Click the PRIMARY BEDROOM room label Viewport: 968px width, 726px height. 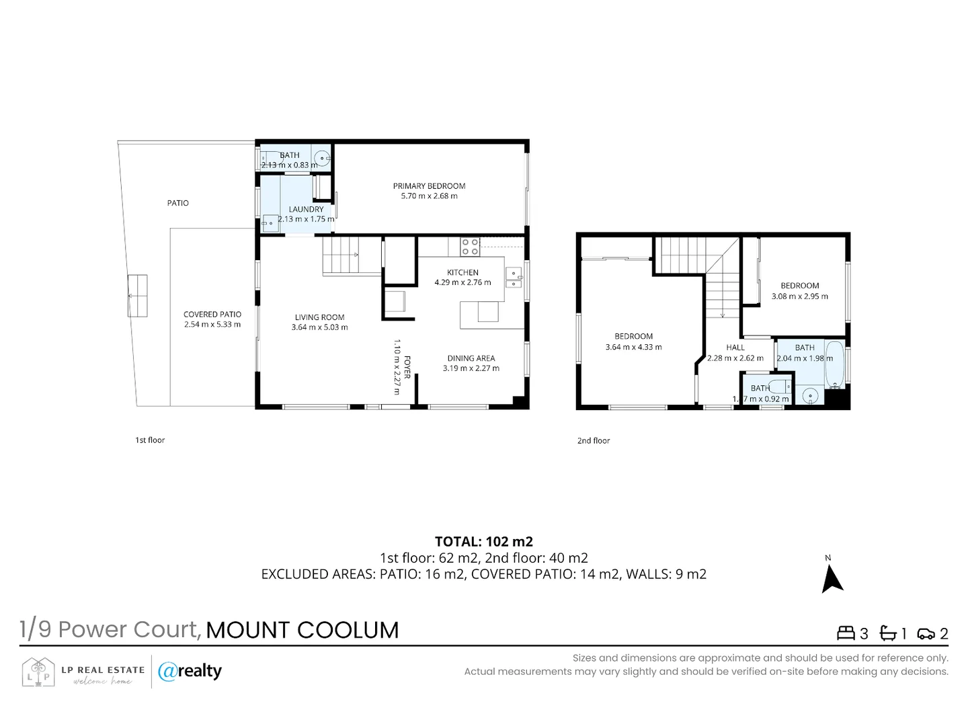pos(429,186)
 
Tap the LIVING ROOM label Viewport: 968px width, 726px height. pos(319,317)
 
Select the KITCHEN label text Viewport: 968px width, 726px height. pos(462,272)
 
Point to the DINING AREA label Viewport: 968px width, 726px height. pos(471,358)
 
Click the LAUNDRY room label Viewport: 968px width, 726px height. pos(306,209)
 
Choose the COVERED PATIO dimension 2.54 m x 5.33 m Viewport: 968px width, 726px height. pos(212,325)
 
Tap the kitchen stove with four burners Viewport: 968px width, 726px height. pos(470,247)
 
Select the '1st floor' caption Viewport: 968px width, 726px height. pos(150,440)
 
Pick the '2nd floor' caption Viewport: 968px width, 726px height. pos(594,441)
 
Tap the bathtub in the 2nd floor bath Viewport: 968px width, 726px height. pos(834,364)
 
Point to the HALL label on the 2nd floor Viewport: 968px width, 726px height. pos(735,348)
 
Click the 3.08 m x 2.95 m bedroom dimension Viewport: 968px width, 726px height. pos(799,296)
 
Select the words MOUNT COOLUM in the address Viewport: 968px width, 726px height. pos(302,630)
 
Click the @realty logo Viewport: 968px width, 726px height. pos(190,671)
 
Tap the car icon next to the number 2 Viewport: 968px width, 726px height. pos(926,634)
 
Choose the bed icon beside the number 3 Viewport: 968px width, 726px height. pos(845,633)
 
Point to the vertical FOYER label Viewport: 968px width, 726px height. pos(407,367)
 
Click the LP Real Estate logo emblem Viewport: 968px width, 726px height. pos(38,672)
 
